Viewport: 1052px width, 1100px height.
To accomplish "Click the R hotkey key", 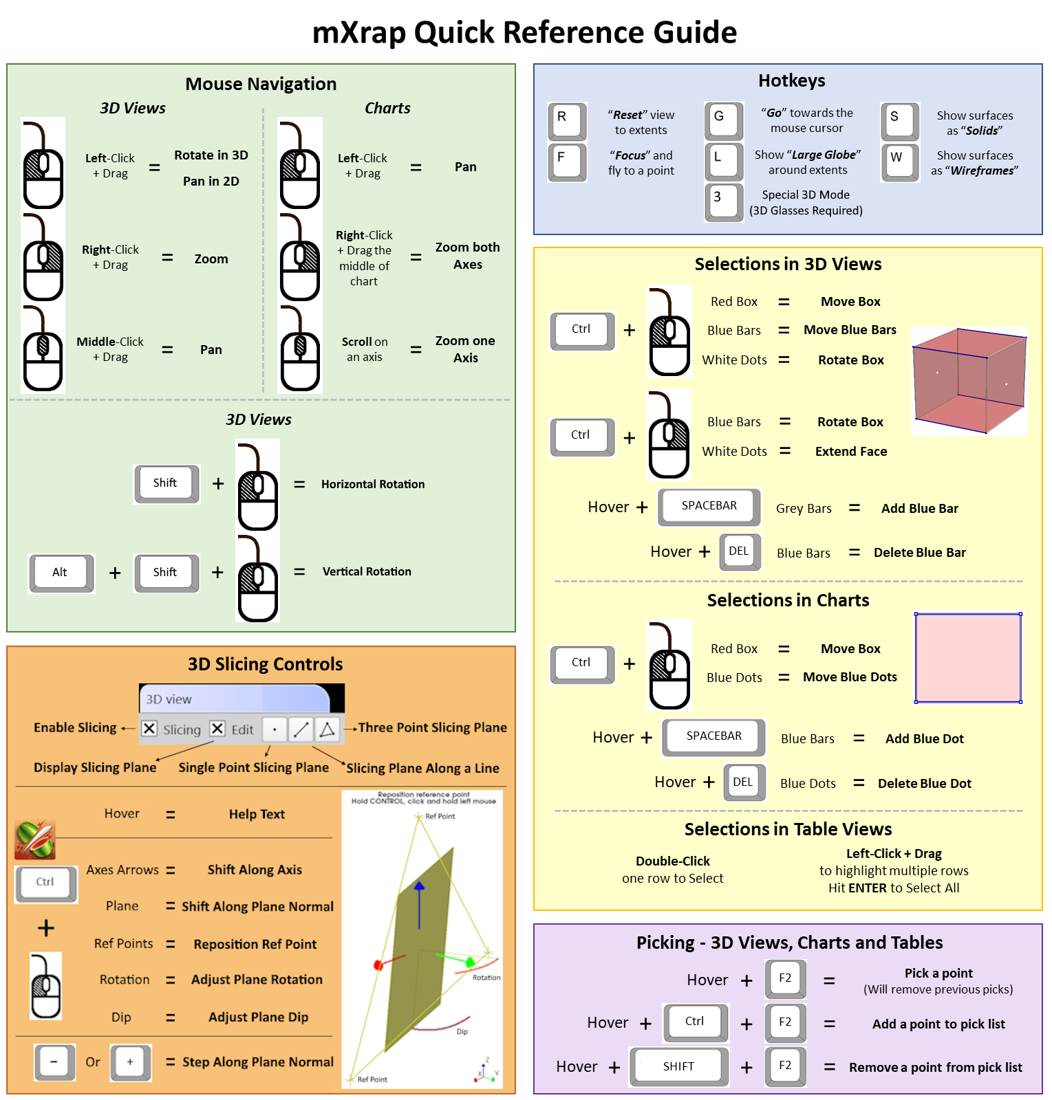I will pos(566,120).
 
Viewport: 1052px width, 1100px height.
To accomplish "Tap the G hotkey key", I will pos(723,120).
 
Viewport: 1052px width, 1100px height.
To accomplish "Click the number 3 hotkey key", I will pos(722,201).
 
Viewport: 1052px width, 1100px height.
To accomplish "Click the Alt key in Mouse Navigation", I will pos(61,572).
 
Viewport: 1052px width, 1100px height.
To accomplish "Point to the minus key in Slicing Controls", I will pos(54,1061).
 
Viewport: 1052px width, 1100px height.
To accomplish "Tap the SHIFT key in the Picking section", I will pos(678,1066).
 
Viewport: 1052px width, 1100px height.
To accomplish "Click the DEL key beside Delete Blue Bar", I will pos(740,551).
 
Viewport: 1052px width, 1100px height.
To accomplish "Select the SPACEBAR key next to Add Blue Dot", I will pos(713,736).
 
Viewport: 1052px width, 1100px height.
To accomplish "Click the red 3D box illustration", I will pos(968,379).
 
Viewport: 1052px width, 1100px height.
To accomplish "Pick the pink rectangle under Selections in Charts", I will pos(967,658).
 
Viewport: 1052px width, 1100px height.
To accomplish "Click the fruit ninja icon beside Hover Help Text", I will pos(34,839).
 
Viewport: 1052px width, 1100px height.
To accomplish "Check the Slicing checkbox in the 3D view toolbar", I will pos(150,729).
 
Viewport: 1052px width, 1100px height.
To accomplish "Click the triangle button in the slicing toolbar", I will pos(328,729).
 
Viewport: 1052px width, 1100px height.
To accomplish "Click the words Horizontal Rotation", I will pos(372,484).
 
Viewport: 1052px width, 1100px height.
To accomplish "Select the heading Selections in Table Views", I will pos(787,829).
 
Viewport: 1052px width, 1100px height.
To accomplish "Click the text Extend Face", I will pos(850,451).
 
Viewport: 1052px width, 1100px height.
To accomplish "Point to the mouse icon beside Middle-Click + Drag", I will pos(43,351).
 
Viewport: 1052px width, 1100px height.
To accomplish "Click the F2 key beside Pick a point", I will pos(785,978).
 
